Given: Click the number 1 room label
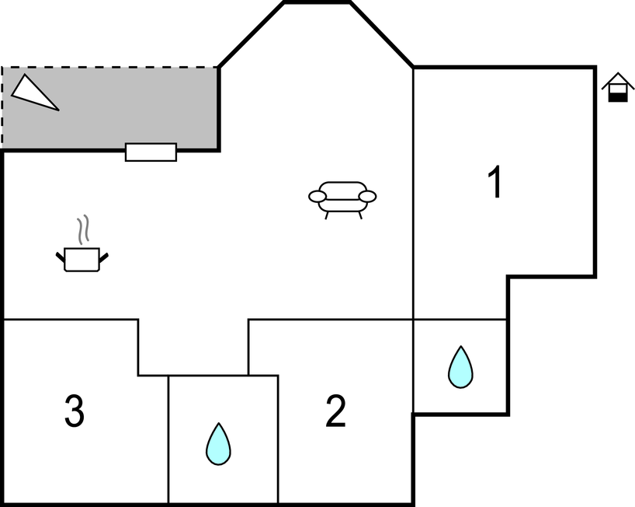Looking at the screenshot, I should point(494,184).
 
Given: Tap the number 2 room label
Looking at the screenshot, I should point(335,411).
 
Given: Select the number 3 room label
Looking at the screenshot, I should point(75,411).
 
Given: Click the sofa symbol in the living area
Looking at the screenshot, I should point(342,197).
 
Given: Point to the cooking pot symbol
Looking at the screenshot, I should point(82,259).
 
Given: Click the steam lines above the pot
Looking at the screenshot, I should point(84,231).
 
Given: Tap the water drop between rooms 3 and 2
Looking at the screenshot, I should point(218,444).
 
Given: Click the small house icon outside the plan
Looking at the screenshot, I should point(617,87).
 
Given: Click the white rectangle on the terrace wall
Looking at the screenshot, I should point(151,152).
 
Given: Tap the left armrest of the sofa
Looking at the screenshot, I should point(317,197).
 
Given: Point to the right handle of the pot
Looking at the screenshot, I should point(103,255).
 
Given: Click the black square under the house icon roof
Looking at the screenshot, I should point(617,96).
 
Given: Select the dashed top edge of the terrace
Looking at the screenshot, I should point(109,68).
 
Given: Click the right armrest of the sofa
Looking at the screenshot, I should point(368,196).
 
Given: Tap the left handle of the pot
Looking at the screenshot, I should point(60,255).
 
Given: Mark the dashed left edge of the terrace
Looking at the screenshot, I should point(2,109).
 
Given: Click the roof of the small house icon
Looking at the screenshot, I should point(617,79).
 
